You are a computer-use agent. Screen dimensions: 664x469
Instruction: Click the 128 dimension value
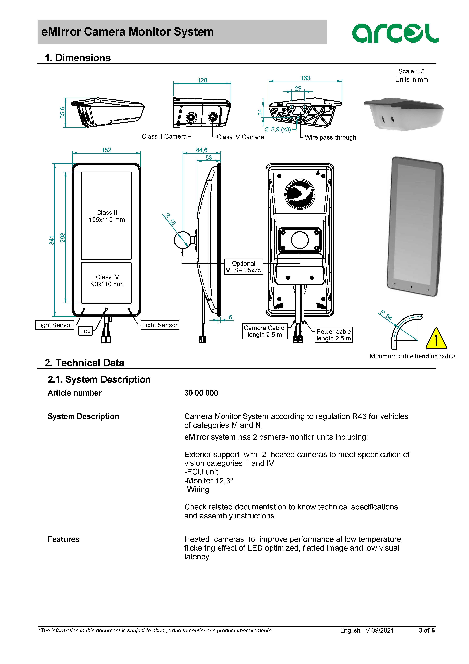pyautogui.click(x=202, y=80)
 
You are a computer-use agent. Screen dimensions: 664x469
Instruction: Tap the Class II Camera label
pyautogui.click(x=164, y=136)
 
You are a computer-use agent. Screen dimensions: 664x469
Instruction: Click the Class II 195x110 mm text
pyautogui.click(x=107, y=216)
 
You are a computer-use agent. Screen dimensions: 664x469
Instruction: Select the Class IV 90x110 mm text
pyautogui.click(x=107, y=281)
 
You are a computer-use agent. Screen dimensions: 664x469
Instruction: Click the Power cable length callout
pyautogui.click(x=334, y=335)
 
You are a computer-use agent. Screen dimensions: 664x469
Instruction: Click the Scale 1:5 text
pyautogui.click(x=411, y=71)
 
